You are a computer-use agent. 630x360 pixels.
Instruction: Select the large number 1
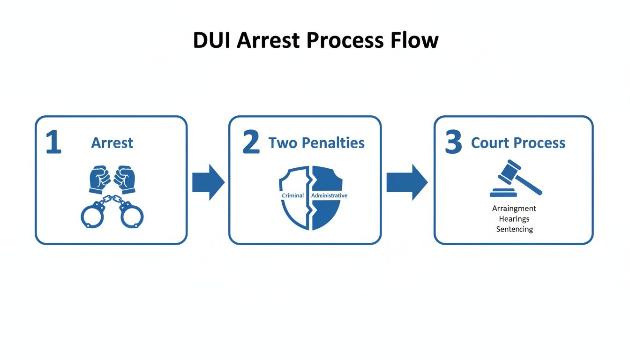click(53, 143)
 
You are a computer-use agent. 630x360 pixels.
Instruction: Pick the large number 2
click(251, 143)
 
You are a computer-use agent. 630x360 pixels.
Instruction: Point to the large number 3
click(453, 143)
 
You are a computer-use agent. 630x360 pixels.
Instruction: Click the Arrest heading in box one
click(112, 143)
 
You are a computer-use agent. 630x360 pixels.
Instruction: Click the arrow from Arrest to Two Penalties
click(208, 182)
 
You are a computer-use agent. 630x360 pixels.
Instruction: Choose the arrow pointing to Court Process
click(406, 182)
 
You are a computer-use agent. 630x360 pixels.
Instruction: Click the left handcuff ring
click(93, 215)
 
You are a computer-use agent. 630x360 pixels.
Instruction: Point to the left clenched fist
click(99, 179)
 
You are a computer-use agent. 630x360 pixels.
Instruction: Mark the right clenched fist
click(125, 179)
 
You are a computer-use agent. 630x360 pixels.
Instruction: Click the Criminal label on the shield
click(292, 195)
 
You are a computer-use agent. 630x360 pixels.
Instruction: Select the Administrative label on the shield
click(329, 195)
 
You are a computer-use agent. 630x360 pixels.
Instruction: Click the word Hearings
click(514, 219)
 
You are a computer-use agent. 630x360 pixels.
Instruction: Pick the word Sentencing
click(514, 229)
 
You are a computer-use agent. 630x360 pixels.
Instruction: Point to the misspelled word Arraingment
click(514, 209)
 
